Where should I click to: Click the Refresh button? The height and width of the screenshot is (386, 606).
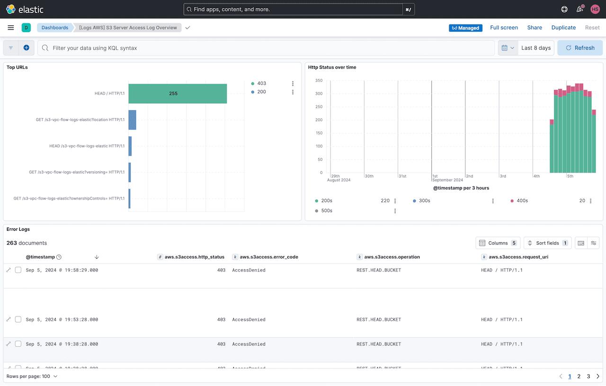tap(580, 48)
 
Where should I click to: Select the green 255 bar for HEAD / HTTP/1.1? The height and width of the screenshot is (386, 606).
tap(178, 94)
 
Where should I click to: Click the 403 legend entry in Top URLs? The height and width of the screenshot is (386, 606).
tap(261, 83)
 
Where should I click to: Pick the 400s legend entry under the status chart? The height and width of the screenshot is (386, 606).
tap(522, 201)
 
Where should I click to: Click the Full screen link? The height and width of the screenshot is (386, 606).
tap(504, 27)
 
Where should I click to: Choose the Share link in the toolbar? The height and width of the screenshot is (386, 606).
tap(535, 27)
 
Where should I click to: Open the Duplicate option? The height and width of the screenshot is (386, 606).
tap(563, 27)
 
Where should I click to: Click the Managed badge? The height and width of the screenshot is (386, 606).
tap(465, 28)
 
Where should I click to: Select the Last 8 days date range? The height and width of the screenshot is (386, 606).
tap(536, 48)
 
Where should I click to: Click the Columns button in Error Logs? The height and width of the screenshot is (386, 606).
tap(498, 243)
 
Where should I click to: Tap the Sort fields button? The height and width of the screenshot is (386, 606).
tap(547, 243)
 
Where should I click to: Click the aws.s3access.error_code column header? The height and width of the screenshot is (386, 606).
tap(268, 257)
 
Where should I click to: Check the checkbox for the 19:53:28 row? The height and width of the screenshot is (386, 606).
tap(18, 319)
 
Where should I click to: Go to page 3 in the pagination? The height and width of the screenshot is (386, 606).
tap(588, 377)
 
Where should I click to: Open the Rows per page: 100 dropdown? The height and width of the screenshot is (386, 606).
tap(32, 377)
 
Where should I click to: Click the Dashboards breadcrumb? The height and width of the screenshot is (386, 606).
tap(55, 27)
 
